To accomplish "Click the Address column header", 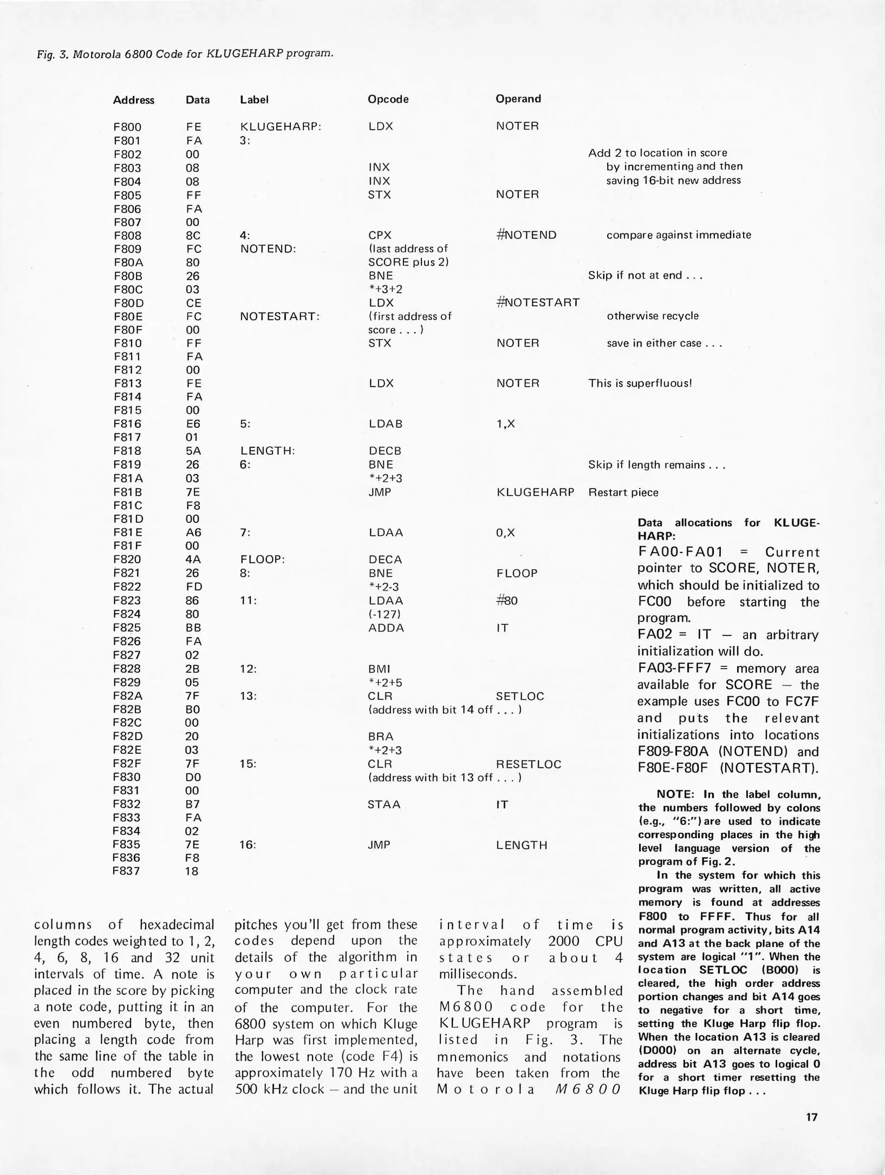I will pos(133,100).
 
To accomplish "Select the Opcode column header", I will pos(388,99).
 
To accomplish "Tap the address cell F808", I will pos(127,236).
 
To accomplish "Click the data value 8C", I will pos(192,236).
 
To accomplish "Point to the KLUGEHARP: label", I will pos(281,126).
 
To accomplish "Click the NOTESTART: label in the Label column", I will pos(279,317).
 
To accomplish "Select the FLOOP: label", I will pos(263,559).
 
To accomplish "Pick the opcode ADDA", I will pos(386,628).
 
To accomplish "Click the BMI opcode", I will pos(379,669).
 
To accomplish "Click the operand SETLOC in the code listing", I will pos(520,696).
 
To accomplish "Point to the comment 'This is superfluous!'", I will pos(640,383).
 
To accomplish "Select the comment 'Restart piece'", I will pos(623,492).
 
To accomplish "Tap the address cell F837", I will pos(126,871).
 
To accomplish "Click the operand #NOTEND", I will pos(526,235).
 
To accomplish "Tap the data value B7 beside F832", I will pos(192,804).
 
